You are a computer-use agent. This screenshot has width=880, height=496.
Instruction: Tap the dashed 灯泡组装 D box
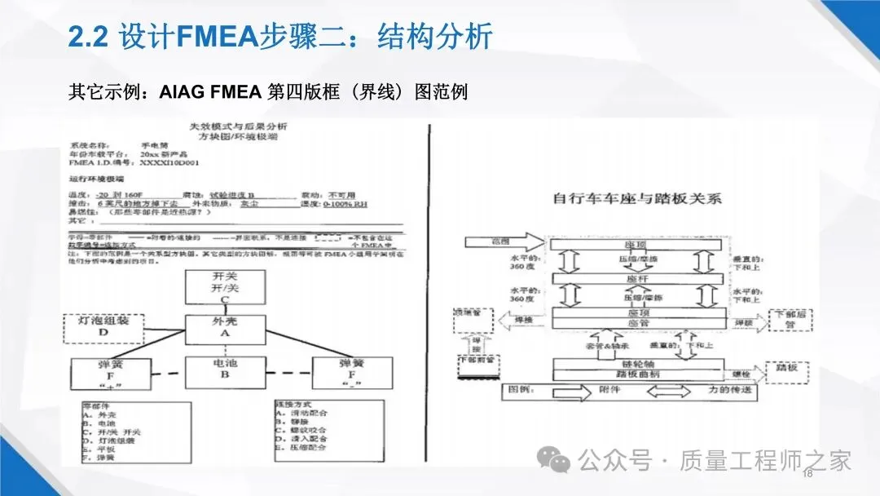(103, 325)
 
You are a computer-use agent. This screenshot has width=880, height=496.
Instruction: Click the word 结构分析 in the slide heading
(435, 36)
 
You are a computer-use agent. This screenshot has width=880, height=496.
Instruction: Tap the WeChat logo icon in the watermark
(561, 461)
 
